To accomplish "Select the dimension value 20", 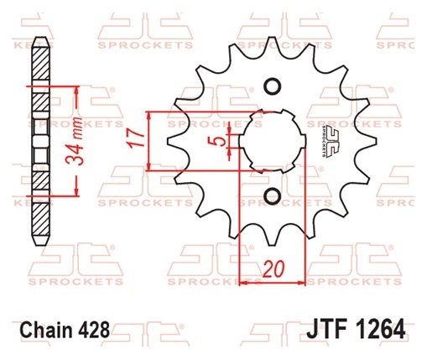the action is pyautogui.click(x=273, y=269).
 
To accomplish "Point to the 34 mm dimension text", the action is pyautogui.click(x=75, y=141).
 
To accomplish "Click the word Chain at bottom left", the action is pyautogui.click(x=47, y=330).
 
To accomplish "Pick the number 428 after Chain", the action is pyautogui.click(x=94, y=330).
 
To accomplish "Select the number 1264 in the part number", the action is pyautogui.click(x=378, y=329).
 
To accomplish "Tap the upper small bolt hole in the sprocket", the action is pyautogui.click(x=273, y=86).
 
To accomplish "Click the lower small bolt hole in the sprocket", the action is pyautogui.click(x=273, y=196).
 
